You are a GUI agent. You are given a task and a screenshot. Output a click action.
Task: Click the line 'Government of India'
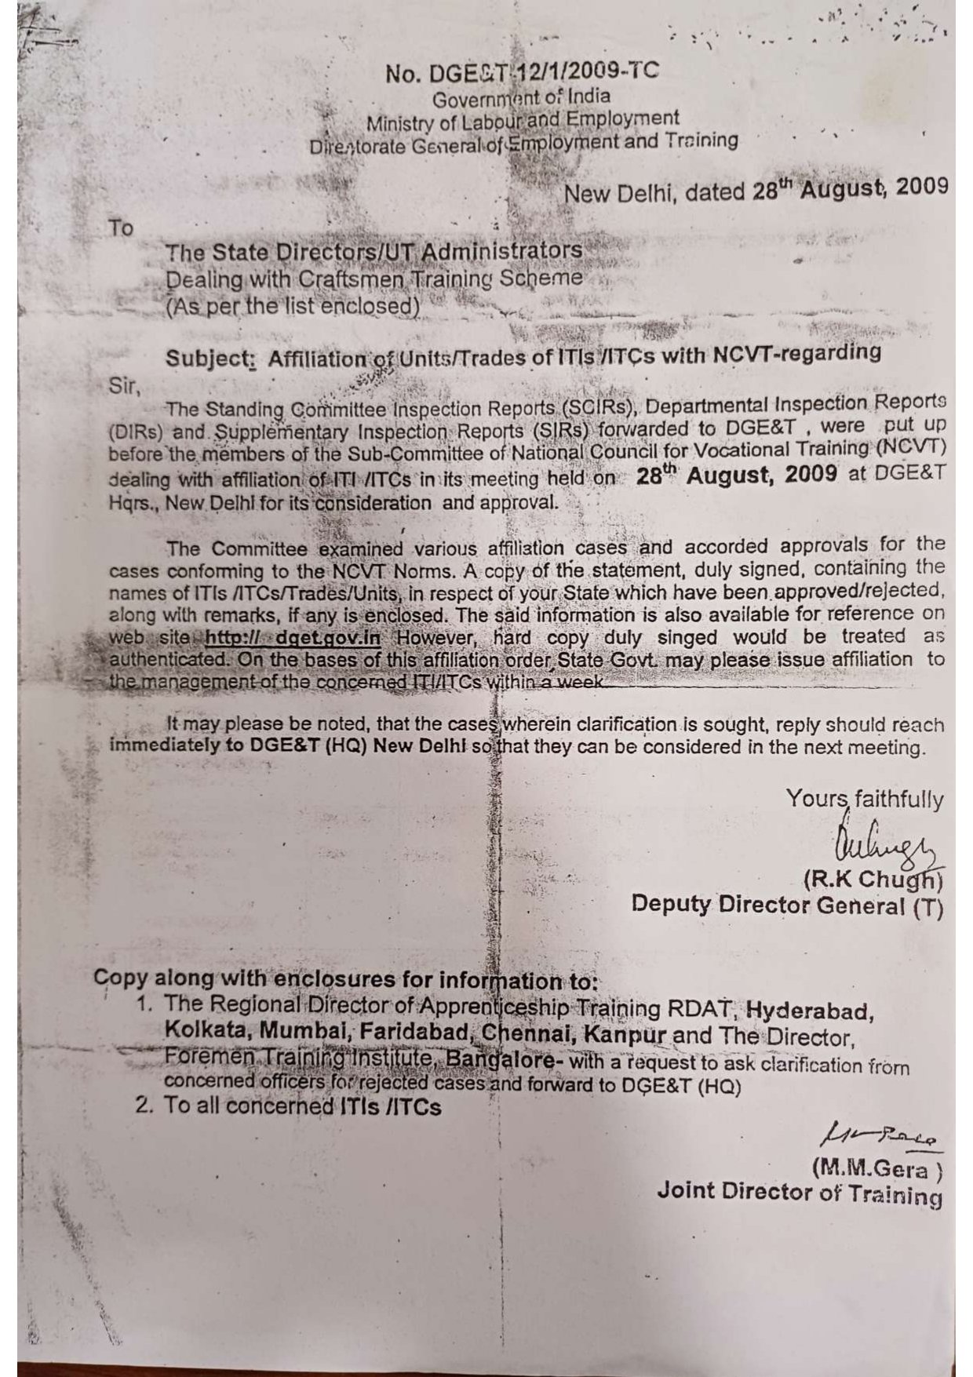click(x=521, y=99)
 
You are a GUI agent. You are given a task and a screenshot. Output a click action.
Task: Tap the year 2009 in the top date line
click(x=920, y=188)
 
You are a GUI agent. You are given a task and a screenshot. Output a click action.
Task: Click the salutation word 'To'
click(x=121, y=228)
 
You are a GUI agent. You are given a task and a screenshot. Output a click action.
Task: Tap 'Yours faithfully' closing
click(x=865, y=800)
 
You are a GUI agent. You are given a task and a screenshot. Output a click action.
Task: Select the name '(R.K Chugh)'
click(x=872, y=880)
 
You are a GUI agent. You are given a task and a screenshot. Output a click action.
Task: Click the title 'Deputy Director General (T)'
click(x=787, y=905)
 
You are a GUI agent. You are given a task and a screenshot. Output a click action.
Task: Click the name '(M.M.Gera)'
click(x=877, y=1168)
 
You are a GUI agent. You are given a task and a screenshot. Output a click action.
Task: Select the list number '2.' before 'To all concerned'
click(x=144, y=1106)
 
